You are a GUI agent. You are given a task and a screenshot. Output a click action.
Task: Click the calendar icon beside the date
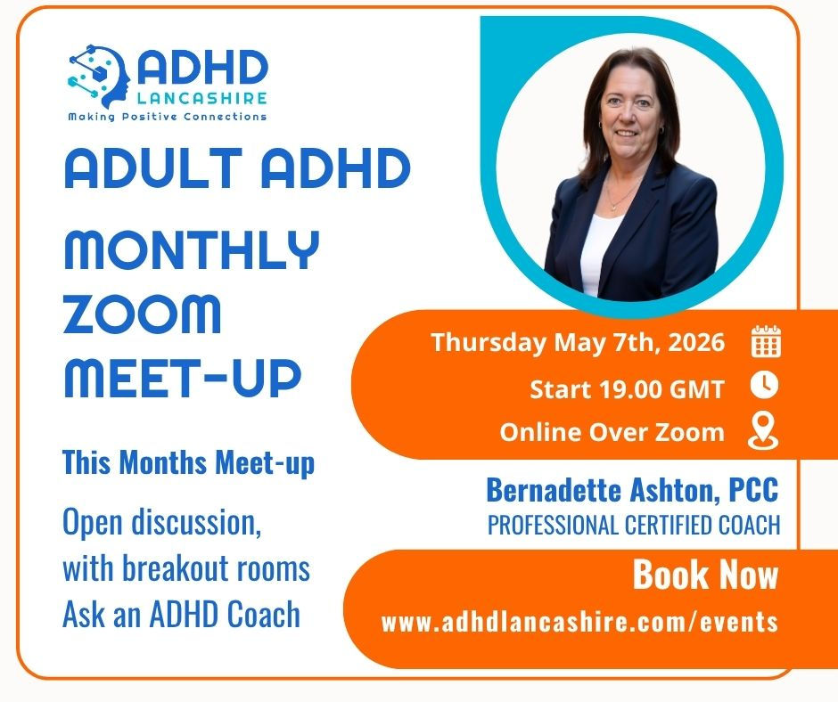click(x=766, y=343)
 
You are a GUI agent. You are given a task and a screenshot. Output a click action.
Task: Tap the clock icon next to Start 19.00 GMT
click(x=766, y=386)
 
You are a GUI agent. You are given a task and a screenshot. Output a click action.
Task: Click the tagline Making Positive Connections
click(x=168, y=117)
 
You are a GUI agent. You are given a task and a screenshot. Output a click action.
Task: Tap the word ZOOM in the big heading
click(x=143, y=314)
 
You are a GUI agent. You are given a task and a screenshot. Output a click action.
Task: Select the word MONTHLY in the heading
click(x=191, y=250)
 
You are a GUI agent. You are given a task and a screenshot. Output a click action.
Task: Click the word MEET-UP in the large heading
click(x=182, y=378)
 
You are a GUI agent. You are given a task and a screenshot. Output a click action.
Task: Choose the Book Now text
click(x=705, y=575)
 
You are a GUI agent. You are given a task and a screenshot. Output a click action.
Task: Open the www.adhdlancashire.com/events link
click(x=579, y=621)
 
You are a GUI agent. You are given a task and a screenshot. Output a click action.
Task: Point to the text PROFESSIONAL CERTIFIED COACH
click(x=634, y=525)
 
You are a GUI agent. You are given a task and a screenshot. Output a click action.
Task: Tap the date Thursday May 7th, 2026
click(x=578, y=343)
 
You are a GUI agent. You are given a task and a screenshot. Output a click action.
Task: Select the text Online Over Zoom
click(x=612, y=432)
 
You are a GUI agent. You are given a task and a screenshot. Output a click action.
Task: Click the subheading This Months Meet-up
click(x=188, y=464)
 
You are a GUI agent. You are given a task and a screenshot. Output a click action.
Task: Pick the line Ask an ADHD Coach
click(x=181, y=615)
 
